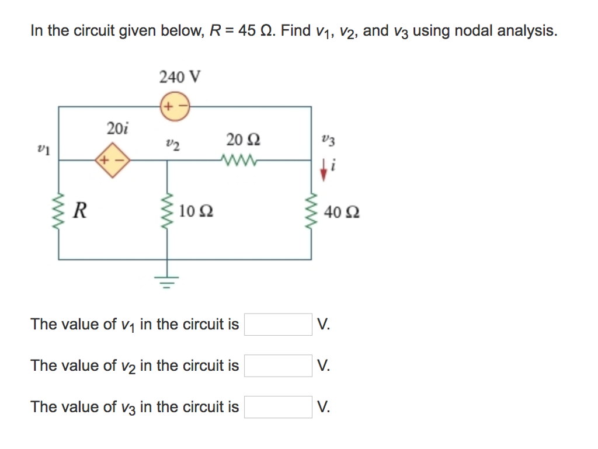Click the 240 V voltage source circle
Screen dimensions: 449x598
pyautogui.click(x=173, y=107)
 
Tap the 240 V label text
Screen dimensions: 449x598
pyautogui.click(x=180, y=76)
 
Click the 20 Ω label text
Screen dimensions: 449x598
pyautogui.click(x=244, y=140)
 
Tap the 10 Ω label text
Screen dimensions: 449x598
pyautogui.click(x=196, y=211)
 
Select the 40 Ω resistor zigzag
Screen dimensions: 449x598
pyautogui.click(x=311, y=211)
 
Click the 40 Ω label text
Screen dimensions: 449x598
pyautogui.click(x=344, y=211)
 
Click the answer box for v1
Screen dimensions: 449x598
pyautogui.click(x=278, y=325)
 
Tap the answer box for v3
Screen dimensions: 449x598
pyautogui.click(x=278, y=407)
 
